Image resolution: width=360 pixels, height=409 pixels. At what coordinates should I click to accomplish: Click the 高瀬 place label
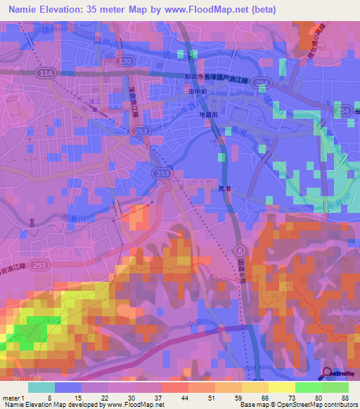point(217,189)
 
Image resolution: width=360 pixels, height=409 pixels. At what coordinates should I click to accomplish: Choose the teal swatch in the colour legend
point(41,387)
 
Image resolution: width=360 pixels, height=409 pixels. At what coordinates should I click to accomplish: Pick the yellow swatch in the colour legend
point(281,387)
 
